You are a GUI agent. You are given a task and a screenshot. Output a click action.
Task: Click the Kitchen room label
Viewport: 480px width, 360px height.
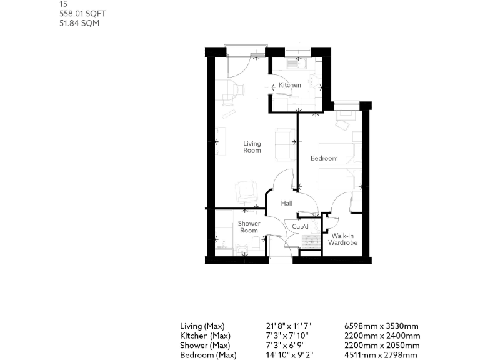click(290, 85)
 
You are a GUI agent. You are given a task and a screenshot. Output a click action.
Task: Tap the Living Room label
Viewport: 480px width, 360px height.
click(252, 147)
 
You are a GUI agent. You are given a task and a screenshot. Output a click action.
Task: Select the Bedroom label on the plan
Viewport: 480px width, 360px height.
click(324, 158)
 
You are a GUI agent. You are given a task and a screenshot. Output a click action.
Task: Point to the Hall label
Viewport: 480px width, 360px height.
click(287, 203)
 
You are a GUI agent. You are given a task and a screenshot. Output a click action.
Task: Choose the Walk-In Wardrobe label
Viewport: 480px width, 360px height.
click(343, 239)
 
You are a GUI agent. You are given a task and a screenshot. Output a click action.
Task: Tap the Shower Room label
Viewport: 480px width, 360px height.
click(249, 227)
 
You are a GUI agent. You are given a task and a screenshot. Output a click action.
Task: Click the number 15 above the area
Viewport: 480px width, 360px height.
click(63, 4)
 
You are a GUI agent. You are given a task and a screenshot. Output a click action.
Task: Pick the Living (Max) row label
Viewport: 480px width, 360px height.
click(202, 326)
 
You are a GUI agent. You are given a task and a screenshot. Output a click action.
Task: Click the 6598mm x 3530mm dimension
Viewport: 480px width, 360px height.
click(381, 326)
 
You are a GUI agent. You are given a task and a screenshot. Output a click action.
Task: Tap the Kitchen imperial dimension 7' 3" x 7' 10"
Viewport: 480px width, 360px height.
click(287, 336)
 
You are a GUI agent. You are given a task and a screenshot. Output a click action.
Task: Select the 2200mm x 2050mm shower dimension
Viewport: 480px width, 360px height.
click(382, 346)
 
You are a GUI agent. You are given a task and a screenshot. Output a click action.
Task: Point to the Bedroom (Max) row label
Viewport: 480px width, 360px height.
click(208, 356)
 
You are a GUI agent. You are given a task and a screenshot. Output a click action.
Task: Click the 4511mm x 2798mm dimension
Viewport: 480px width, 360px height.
click(381, 356)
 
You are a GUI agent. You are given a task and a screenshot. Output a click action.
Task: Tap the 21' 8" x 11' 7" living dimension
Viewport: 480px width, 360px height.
click(288, 326)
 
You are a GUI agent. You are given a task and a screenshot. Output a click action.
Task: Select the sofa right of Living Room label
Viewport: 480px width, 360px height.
click(286, 144)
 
